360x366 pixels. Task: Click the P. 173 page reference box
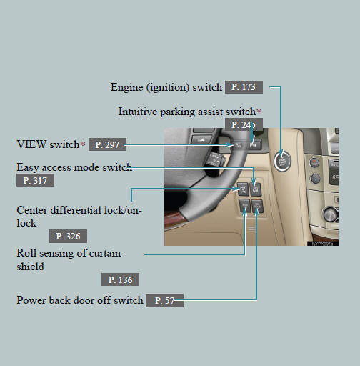(x=244, y=87)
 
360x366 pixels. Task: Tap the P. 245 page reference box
(x=244, y=124)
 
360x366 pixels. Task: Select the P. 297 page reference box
(x=107, y=144)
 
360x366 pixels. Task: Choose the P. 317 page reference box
(x=35, y=180)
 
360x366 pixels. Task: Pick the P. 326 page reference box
(x=68, y=236)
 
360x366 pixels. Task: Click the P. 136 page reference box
(x=120, y=280)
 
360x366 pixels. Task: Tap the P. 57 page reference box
(x=164, y=300)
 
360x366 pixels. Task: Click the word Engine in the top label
(x=126, y=87)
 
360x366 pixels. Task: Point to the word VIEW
(x=31, y=144)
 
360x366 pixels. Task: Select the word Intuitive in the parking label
(x=138, y=112)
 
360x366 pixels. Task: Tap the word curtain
(x=105, y=253)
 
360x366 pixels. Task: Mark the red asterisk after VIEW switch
(x=83, y=144)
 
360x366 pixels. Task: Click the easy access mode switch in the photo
(x=256, y=189)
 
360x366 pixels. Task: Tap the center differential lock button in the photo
(x=243, y=189)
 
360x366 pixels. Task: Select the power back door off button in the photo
(x=257, y=206)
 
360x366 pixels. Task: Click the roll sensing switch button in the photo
(x=245, y=206)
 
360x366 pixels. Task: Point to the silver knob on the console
(x=331, y=214)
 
